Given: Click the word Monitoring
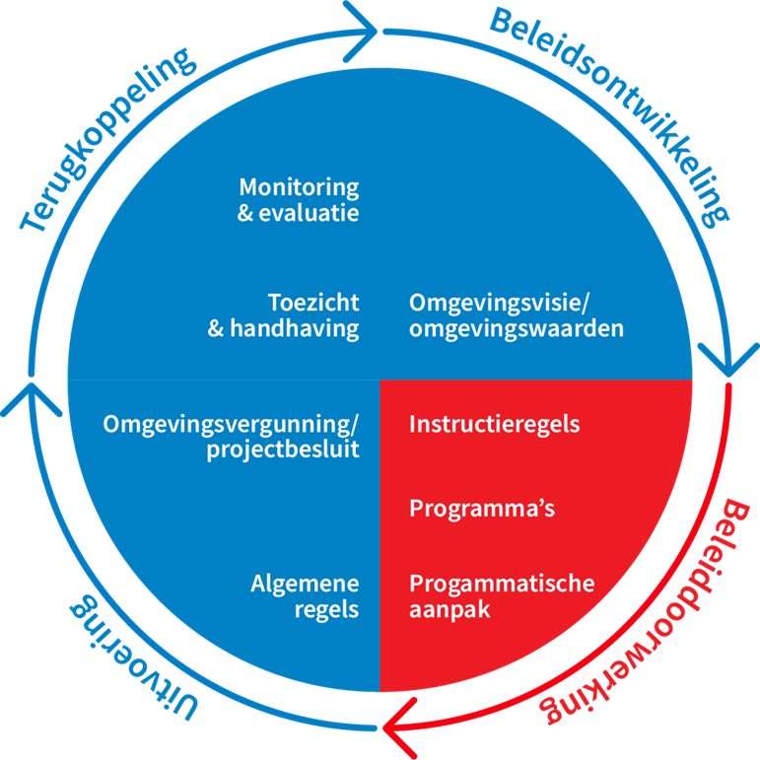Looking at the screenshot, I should coord(299,186).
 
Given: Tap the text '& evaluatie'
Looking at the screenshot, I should coord(299,212).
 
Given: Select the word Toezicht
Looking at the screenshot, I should coord(313,302).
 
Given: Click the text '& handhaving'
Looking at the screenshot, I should coord(284,328).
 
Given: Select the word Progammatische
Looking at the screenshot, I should coord(502,583).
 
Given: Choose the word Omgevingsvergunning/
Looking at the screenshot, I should coord(233,425).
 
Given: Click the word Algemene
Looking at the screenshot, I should coord(304,583).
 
